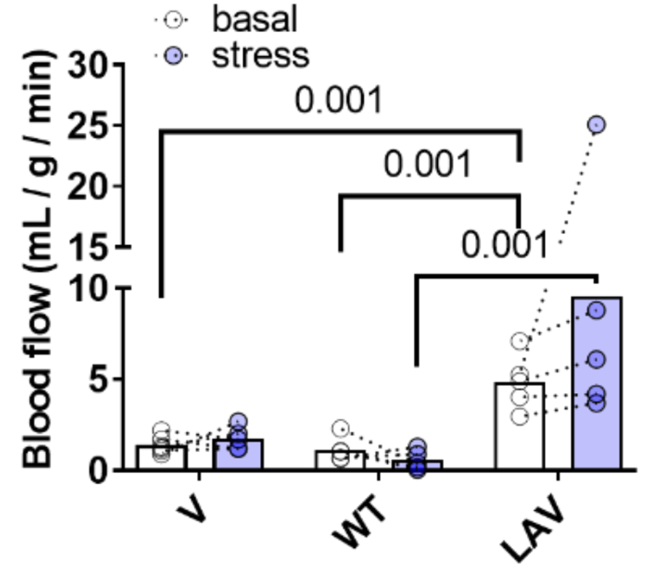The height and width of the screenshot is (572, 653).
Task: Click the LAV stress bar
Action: (x=597, y=383)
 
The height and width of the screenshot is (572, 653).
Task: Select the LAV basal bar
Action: (x=520, y=426)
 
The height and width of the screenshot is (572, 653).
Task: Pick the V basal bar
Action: (x=161, y=457)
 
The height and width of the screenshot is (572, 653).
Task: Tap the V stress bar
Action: (x=238, y=454)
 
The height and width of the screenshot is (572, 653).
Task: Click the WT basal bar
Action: (x=341, y=460)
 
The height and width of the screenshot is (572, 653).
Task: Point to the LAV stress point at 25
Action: (x=596, y=124)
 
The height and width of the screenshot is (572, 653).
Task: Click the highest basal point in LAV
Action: (x=520, y=342)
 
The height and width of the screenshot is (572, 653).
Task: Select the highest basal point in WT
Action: (x=341, y=428)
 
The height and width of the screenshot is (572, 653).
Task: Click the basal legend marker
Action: (x=174, y=20)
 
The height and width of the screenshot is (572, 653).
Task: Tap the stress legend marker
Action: (x=174, y=56)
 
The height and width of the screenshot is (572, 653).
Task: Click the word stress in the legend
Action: (x=261, y=55)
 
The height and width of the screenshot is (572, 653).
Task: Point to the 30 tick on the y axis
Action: (x=119, y=65)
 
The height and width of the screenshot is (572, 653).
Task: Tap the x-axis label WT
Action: (x=359, y=522)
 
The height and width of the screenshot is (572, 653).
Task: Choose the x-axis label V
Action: (x=192, y=508)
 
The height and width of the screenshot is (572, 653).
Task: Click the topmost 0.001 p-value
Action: (x=338, y=100)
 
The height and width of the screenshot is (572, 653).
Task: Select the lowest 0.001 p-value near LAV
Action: (x=504, y=243)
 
